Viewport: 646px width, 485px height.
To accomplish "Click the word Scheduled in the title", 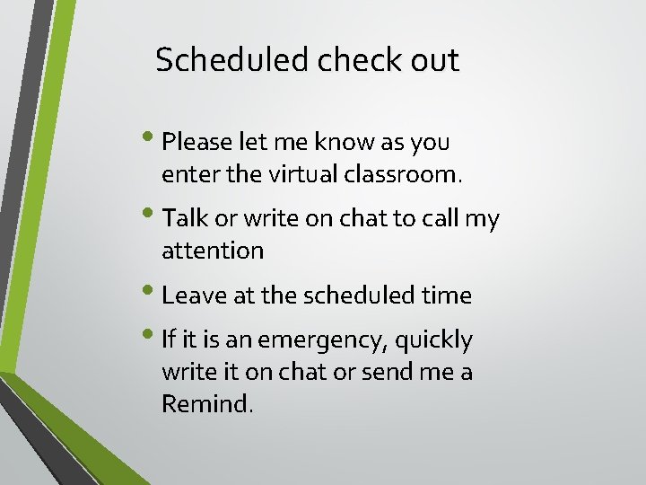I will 231,60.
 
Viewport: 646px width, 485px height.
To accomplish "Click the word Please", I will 198,142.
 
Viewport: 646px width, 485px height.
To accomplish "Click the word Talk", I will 184,218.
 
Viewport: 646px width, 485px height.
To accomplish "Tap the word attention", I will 213,251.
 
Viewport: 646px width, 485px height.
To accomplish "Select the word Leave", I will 190,295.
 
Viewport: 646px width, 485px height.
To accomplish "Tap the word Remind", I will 207,403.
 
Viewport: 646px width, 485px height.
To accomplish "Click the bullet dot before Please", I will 156,140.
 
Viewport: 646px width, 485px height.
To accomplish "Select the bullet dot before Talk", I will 156,216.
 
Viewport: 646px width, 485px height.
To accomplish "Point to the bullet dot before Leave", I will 156,293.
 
